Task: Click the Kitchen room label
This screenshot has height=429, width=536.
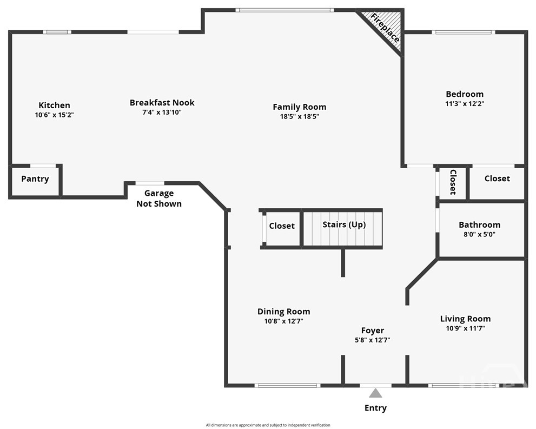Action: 54,105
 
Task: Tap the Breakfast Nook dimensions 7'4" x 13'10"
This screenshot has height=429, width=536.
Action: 162,113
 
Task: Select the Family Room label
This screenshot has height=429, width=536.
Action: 299,107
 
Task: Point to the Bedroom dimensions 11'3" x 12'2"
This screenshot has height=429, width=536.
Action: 464,103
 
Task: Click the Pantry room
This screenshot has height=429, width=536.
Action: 35,179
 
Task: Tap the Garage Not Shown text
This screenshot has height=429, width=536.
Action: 158,199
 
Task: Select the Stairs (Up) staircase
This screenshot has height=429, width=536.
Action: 344,225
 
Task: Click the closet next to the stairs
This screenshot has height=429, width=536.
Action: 281,226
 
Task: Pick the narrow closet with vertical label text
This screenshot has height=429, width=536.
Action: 452,183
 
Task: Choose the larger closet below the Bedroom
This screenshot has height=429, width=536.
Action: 497,179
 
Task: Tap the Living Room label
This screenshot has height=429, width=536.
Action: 465,319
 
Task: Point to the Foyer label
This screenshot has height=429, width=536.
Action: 373,331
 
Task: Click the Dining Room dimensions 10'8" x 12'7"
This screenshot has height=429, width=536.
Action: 283,321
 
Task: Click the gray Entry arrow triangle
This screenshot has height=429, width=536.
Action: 375,393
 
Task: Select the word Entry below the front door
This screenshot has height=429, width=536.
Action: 375,408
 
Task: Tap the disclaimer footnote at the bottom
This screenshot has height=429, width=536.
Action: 268,425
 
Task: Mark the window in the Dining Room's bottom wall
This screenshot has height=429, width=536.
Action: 287,385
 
